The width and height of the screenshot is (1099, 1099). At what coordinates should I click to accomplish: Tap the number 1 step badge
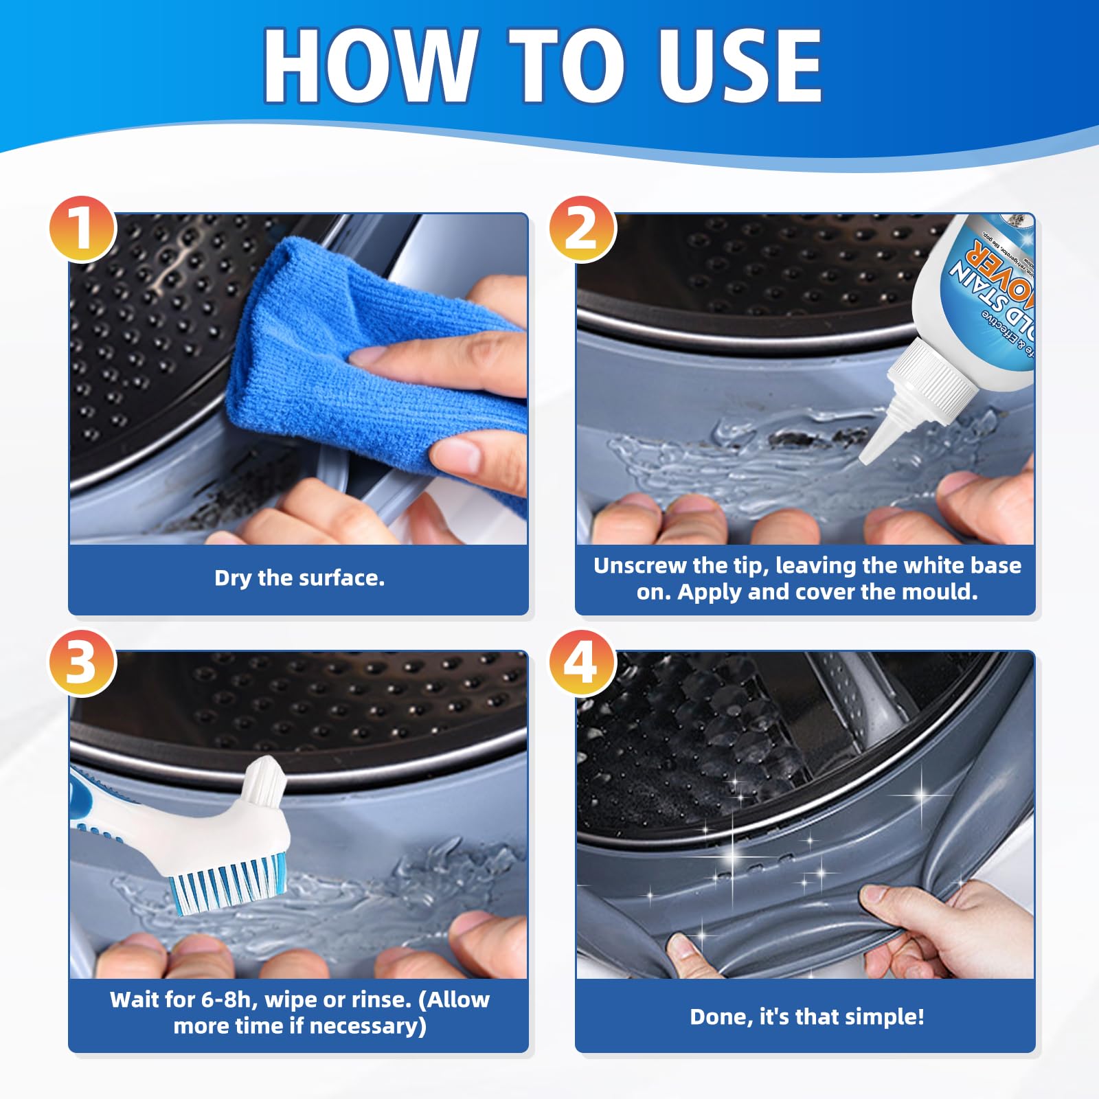pos(82,229)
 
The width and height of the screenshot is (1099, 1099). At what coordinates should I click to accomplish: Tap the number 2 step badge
pos(582,229)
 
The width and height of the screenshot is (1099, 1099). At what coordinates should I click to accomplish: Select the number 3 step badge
pos(82,663)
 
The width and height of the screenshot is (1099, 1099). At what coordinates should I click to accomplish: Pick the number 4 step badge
pos(582,663)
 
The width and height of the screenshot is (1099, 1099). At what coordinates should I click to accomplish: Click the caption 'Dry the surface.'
pos(299,578)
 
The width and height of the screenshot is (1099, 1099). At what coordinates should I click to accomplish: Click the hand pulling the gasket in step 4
pos(948,927)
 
